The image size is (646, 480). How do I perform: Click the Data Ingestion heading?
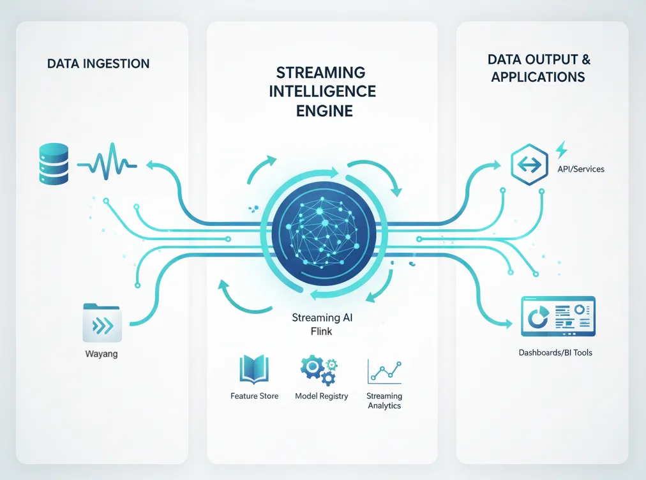98,64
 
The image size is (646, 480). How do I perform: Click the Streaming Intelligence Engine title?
322,91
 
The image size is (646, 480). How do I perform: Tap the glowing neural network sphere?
322,230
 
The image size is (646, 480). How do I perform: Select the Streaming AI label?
322,318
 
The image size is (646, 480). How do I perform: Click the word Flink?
322,331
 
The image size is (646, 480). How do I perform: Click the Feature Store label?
254,396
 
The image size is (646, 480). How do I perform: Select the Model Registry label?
322,396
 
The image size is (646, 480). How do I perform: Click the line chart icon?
383,371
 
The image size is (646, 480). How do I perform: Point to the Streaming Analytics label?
384,401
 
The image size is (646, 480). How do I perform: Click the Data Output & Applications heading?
539,68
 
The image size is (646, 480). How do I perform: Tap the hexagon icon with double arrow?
529,163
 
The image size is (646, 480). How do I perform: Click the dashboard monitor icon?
557,316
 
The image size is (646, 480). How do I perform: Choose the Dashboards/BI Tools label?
555,352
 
